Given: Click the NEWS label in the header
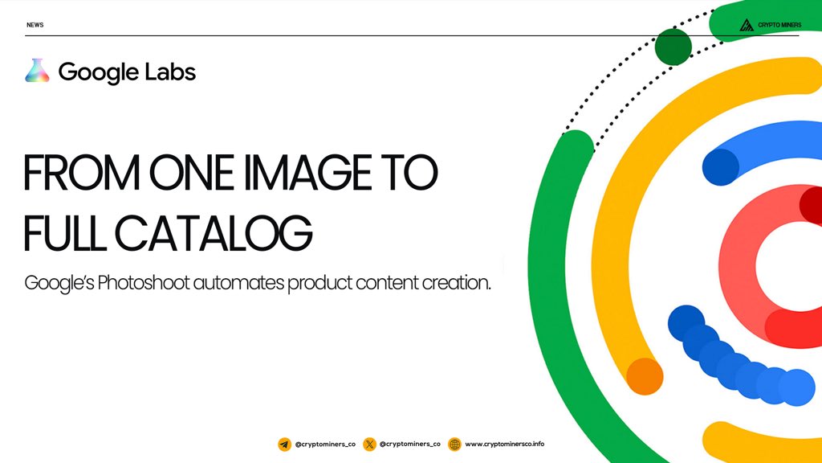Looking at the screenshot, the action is [35, 25].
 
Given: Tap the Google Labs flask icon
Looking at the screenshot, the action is [37, 71].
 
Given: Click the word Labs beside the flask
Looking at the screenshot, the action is [170, 72].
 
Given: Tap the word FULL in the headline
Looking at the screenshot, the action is [64, 232].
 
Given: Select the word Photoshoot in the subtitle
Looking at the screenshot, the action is [143, 282].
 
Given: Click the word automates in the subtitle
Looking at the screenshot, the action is [238, 283].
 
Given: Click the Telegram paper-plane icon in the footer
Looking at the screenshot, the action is [285, 445].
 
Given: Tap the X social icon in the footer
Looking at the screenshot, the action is [369, 445].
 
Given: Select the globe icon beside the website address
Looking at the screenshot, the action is [454, 445].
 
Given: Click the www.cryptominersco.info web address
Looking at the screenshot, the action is [504, 444].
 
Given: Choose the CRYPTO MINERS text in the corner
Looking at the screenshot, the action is [779, 25].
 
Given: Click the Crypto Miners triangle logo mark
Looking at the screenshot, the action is [747, 25].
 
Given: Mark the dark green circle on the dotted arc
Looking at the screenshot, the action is [673, 47].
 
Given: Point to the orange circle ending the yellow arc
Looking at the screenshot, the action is [645, 376].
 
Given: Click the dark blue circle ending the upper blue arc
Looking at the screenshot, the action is [721, 167].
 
